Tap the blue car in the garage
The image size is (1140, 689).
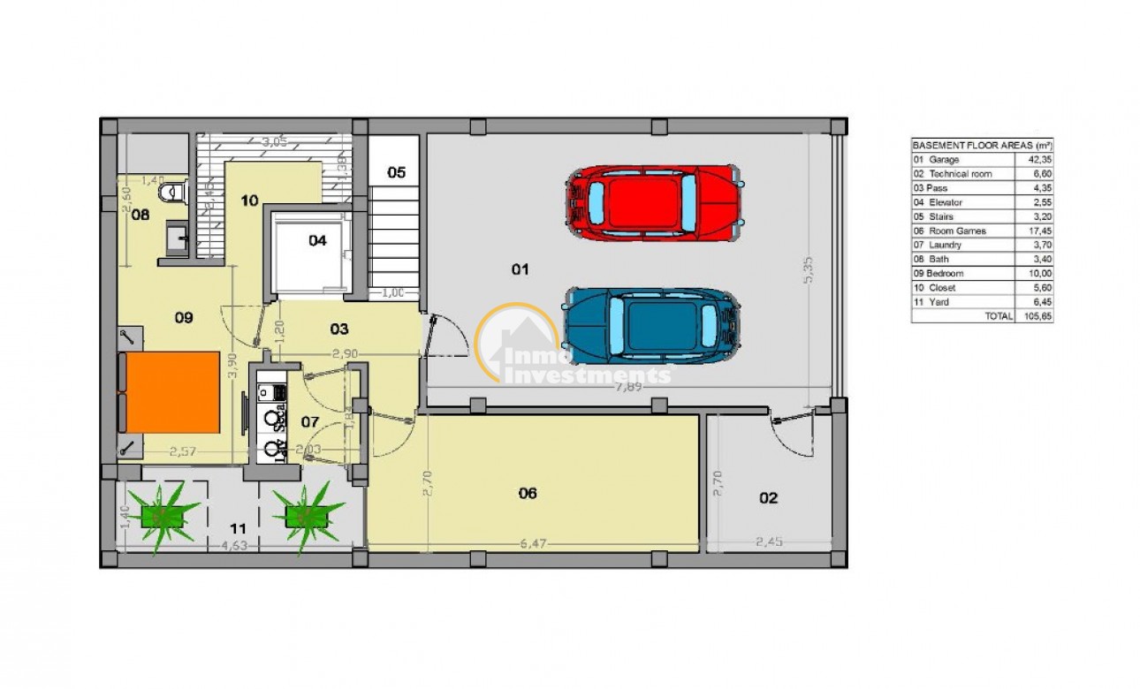652,325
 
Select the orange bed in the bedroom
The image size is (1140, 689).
169,392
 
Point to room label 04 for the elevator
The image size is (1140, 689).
316,239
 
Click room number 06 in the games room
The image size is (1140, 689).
527,493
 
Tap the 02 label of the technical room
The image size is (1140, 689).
769,498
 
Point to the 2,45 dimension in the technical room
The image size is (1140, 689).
771,541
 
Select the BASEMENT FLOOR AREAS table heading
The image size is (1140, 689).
982,145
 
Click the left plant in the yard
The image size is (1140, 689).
163,517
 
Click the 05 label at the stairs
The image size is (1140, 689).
396,172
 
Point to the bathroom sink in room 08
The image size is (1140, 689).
175,236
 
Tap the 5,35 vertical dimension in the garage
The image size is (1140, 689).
808,265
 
